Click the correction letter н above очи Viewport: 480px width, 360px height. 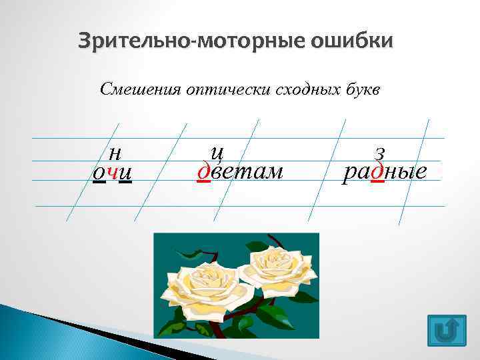[x=114, y=153]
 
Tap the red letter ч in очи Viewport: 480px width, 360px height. [x=112, y=173]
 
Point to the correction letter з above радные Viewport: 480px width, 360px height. [x=380, y=153]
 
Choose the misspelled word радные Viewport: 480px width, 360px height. [x=384, y=172]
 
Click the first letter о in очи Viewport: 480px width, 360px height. [x=99, y=173]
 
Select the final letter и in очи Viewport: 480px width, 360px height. [x=125, y=173]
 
